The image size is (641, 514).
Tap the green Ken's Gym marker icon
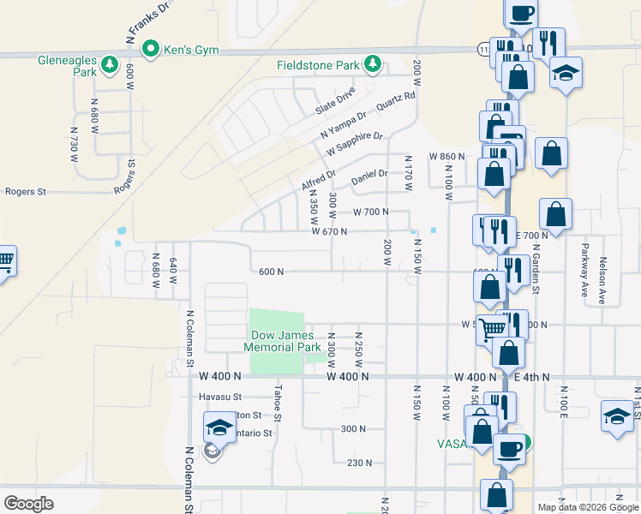coord(152,49)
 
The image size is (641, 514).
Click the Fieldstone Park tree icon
coord(372,64)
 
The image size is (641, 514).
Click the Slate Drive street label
coord(335,100)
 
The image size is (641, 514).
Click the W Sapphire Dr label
coord(355,142)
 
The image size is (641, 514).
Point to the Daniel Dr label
coord(370,179)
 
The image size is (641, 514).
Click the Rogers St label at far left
coord(25,192)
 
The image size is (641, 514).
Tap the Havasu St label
coord(222,397)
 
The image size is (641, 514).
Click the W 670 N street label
coord(329,231)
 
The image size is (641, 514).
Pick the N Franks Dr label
coord(147,21)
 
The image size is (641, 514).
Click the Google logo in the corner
coord(28,503)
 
